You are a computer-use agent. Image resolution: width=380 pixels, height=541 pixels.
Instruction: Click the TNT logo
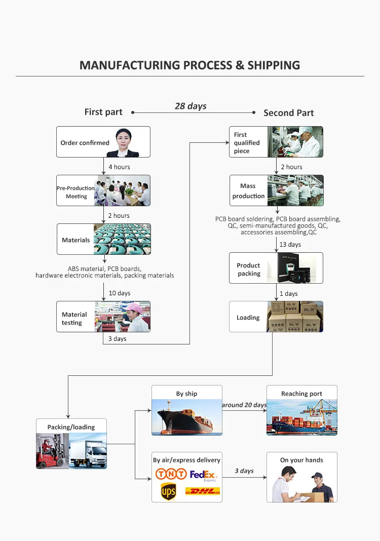(x=171, y=474)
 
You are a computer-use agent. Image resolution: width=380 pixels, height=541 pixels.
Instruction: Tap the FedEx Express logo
(x=203, y=476)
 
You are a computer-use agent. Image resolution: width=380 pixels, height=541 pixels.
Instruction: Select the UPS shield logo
(x=168, y=492)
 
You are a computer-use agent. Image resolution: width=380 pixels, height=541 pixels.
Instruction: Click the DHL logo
(x=203, y=491)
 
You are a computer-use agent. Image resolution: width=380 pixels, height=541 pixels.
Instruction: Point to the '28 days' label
(x=191, y=106)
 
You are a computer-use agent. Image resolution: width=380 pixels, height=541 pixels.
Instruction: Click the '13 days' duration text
(x=290, y=244)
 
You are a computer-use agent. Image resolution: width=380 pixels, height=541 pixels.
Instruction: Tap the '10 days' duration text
(x=120, y=293)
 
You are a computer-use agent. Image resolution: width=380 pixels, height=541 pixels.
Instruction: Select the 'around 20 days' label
(x=244, y=405)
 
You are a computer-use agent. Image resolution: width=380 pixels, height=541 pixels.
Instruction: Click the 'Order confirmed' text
(x=85, y=142)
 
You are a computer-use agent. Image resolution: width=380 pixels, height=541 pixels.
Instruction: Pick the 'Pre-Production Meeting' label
(x=76, y=192)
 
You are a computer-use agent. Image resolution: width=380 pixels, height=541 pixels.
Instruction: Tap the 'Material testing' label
(x=74, y=319)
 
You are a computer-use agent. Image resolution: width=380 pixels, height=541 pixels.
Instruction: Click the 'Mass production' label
(x=248, y=191)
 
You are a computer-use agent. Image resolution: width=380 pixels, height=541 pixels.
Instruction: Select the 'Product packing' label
(x=248, y=269)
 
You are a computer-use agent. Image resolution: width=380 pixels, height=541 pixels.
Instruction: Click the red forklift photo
(x=53, y=451)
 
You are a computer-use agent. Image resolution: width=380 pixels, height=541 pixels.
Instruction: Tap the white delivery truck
(x=88, y=453)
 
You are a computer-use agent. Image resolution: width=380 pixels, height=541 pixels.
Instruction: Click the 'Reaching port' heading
(x=301, y=394)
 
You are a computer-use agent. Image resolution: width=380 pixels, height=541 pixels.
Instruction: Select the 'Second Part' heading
(x=288, y=113)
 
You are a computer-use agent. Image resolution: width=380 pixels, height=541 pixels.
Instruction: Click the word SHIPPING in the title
(x=274, y=65)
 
